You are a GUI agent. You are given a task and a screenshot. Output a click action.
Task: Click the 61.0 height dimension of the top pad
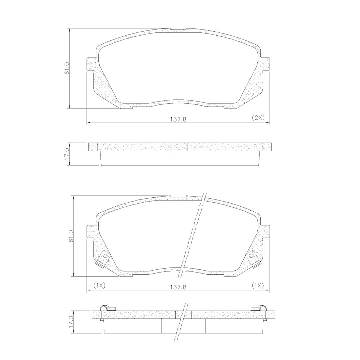coord(67,68)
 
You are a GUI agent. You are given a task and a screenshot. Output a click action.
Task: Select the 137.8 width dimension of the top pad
coord(178,120)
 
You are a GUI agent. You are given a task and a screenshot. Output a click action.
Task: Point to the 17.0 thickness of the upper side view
coord(67,154)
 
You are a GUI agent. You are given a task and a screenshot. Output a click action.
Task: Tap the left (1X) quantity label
coord(99,285)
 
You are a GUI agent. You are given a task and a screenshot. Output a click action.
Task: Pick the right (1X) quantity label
coord(257,285)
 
